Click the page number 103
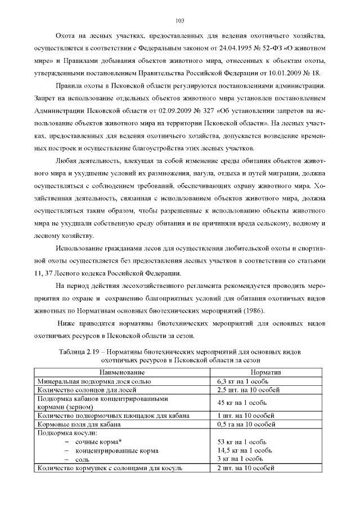click(x=180, y=21)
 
